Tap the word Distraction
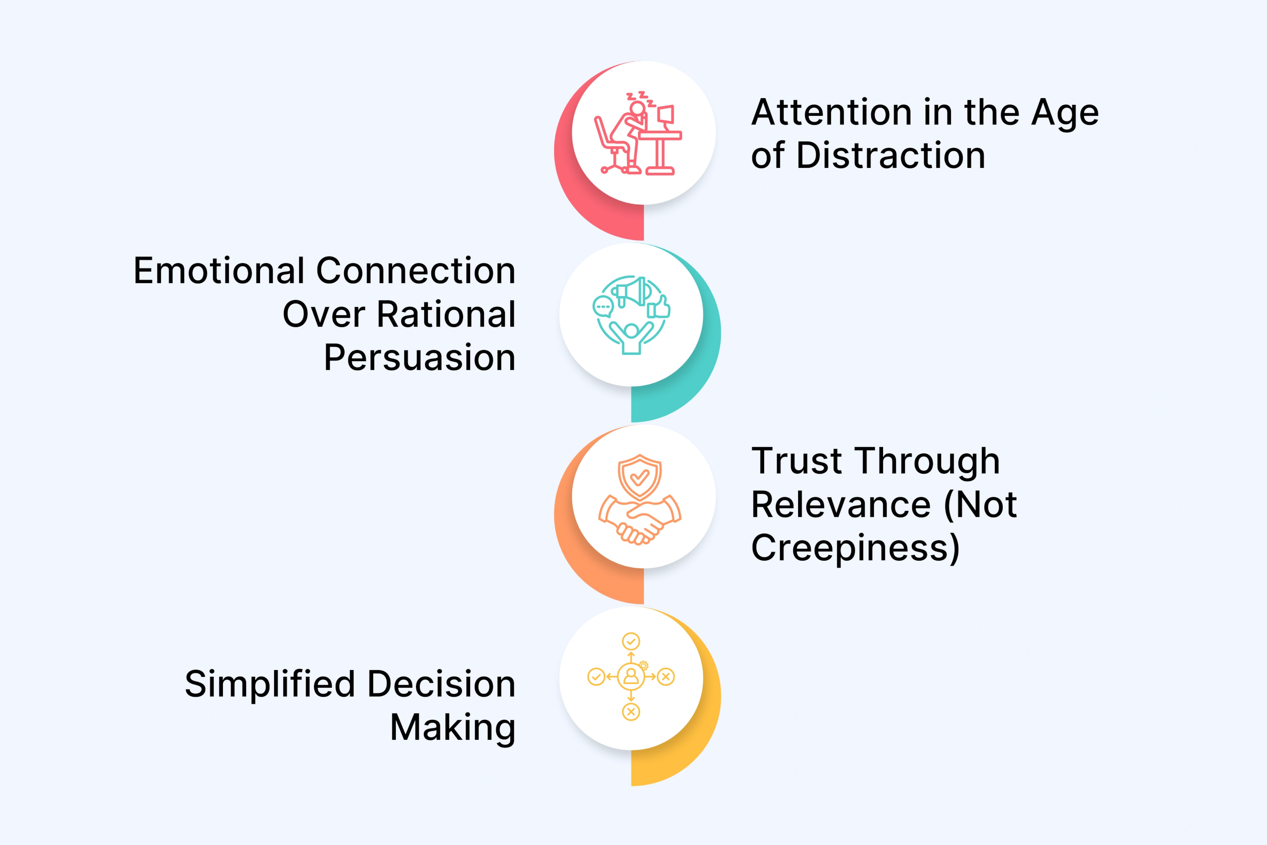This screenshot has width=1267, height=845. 890,156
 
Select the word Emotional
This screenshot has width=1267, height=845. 219,271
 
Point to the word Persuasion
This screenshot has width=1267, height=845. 420,358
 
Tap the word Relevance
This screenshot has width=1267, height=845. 841,505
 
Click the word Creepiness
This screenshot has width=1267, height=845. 854,548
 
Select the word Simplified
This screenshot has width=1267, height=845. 270,684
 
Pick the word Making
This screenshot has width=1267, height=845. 452,728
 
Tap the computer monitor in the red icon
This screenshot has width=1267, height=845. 666,114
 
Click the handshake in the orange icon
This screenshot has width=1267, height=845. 639,520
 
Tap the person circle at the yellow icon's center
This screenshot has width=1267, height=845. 631,676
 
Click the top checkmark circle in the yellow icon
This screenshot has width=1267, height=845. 631,641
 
